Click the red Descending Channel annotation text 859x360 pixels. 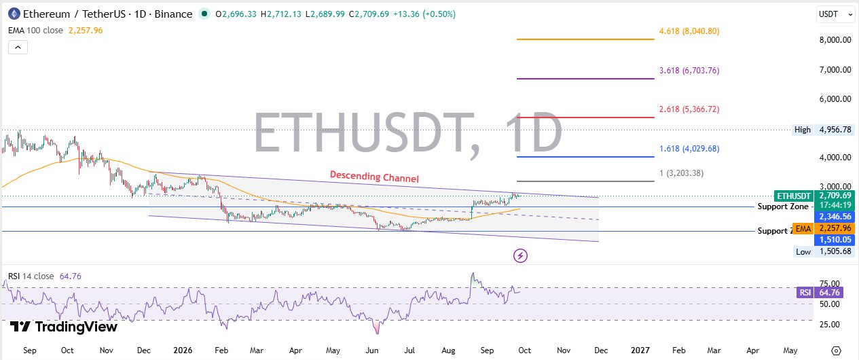[x=374, y=177]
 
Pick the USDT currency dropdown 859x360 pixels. [x=836, y=14]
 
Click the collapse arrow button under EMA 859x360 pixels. [x=18, y=47]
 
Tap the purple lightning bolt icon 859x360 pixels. [x=520, y=255]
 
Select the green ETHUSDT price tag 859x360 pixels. [x=793, y=196]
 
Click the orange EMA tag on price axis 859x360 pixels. [x=803, y=229]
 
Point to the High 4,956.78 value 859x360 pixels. [x=835, y=130]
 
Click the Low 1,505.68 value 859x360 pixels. [x=835, y=251]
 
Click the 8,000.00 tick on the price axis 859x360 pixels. [x=835, y=40]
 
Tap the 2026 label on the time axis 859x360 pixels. [x=183, y=350]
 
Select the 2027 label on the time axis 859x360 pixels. [x=640, y=350]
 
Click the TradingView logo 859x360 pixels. [x=63, y=327]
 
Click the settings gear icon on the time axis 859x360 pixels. [x=836, y=350]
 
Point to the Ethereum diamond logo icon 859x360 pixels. [x=14, y=14]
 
